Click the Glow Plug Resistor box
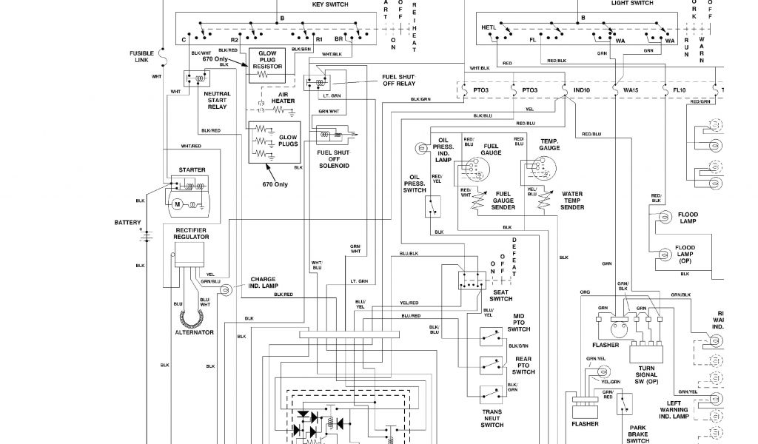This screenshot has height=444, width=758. click(268, 64)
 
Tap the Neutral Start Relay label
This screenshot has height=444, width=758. click(217, 101)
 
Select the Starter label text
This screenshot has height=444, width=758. click(192, 170)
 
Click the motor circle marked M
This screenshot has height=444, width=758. click(177, 203)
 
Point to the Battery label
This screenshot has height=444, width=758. click(127, 222)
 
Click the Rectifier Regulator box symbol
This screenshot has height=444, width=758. click(188, 256)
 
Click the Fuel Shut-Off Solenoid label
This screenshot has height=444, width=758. click(333, 160)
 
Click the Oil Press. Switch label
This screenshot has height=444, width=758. click(415, 184)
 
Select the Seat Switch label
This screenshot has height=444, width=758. click(501, 295)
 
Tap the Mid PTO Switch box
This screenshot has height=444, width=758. click(489, 337)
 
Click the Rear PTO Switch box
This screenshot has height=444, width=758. click(489, 364)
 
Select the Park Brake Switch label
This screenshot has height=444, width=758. click(638, 434)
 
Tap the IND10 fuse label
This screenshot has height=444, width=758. click(582, 90)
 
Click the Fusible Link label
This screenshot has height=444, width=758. click(141, 56)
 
